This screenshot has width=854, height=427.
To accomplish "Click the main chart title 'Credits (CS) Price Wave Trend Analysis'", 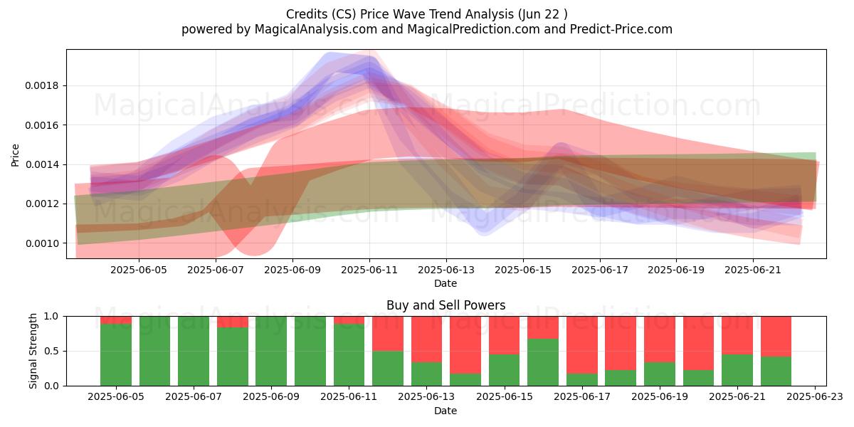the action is (x=399, y=14).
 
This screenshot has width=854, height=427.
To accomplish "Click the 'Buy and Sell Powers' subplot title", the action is (x=446, y=305).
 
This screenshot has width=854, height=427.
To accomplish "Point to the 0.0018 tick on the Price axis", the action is (x=42, y=86).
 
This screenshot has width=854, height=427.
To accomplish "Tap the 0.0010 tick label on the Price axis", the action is (x=42, y=243).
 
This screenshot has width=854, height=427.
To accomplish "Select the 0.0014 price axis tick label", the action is (x=42, y=164).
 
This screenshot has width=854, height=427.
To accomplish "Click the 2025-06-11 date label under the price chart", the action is (x=369, y=270).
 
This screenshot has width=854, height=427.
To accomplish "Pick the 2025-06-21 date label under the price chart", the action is (x=753, y=270).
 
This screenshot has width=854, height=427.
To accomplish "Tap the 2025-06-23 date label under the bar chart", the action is (x=815, y=397).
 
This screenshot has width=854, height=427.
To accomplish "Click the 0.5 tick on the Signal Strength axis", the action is (x=53, y=351).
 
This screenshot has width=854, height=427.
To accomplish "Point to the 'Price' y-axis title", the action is (x=15, y=155).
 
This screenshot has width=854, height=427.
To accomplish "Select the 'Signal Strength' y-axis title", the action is (x=33, y=351).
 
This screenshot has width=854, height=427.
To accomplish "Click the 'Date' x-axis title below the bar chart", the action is (x=446, y=411).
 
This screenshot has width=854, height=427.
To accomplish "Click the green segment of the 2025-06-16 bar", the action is (x=543, y=362).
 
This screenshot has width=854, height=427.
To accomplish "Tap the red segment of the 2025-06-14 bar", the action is (x=465, y=345).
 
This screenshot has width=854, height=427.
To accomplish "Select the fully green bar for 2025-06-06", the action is (x=154, y=351).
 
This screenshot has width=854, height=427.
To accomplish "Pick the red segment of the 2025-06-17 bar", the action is (x=582, y=345).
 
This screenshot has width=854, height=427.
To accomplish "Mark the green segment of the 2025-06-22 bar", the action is (x=776, y=371).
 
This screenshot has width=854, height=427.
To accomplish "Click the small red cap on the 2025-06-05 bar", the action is (x=115, y=320).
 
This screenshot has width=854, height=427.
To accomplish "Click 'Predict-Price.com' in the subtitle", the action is (x=621, y=29).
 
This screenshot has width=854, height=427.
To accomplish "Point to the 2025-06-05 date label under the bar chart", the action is (x=116, y=397).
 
